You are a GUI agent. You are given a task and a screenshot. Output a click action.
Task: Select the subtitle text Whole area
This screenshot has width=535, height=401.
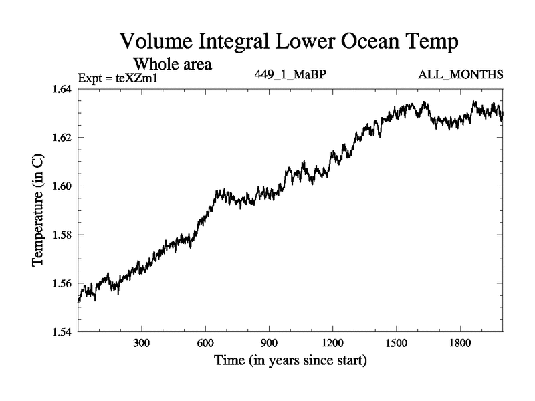173,65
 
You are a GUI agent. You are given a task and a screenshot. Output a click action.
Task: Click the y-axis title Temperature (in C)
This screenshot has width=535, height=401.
37,211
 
